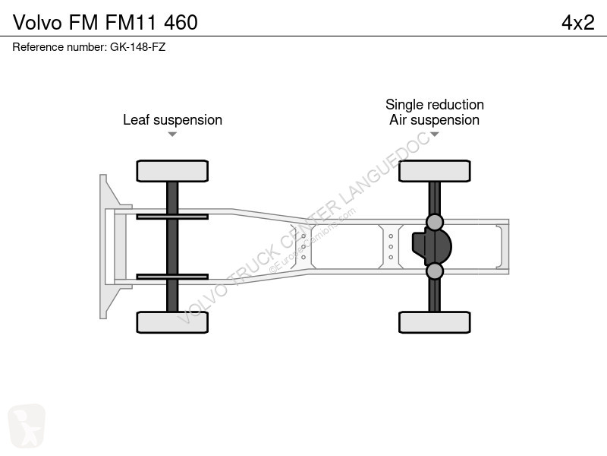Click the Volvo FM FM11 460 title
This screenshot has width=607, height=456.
click(x=105, y=23)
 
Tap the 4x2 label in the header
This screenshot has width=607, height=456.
click(x=577, y=23)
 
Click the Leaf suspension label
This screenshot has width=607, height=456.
click(x=172, y=120)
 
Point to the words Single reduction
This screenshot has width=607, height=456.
click(x=434, y=105)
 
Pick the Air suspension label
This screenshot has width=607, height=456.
click(x=434, y=120)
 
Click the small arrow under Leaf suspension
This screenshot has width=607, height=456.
click(x=172, y=135)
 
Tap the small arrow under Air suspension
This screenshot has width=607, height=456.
click(x=434, y=135)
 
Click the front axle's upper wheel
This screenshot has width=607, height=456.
click(x=172, y=171)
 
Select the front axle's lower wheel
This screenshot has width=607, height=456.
click(x=172, y=321)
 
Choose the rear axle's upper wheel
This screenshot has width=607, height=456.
click(x=434, y=171)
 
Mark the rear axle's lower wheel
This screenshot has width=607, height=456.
click(x=434, y=321)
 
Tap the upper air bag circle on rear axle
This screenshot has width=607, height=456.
click(x=434, y=222)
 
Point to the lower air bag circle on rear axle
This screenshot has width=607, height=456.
click(x=434, y=271)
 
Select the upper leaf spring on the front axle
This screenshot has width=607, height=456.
click(x=172, y=217)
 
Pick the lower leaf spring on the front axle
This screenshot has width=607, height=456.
click(x=172, y=277)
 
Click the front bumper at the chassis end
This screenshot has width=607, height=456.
click(x=106, y=246)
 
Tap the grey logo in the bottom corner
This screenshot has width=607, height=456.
click(x=27, y=426)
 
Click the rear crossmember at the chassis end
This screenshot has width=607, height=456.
click(x=503, y=246)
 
